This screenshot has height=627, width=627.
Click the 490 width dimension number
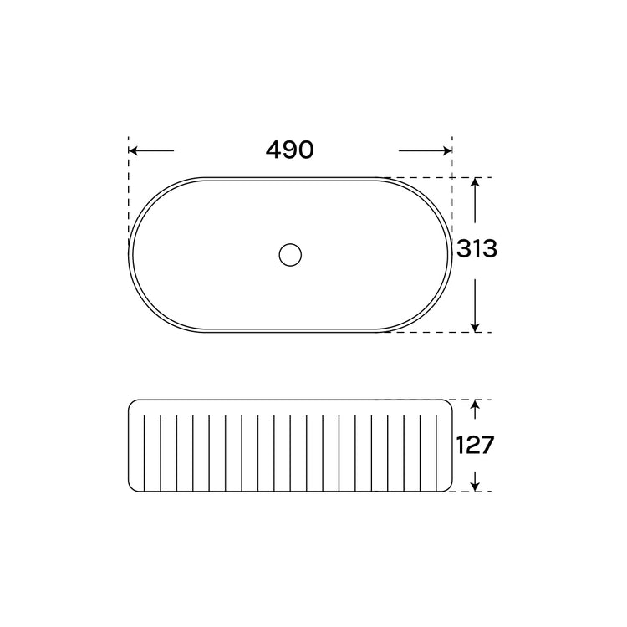click(289, 150)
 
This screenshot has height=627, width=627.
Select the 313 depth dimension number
click(477, 249)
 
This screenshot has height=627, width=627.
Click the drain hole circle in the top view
click(290, 255)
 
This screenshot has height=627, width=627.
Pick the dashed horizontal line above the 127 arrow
click(468, 400)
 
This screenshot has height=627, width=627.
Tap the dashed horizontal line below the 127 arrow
click(468, 492)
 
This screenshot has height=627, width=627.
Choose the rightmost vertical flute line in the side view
click(435, 447)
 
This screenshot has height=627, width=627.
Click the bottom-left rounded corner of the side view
click(132, 487)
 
